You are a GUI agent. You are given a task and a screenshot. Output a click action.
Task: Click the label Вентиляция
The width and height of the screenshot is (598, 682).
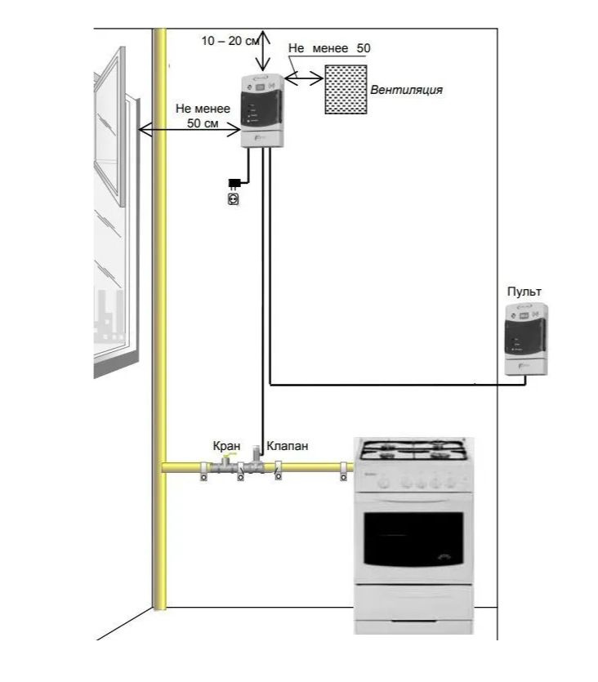406,90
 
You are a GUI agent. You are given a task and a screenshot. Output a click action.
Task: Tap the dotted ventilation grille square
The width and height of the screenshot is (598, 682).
346,90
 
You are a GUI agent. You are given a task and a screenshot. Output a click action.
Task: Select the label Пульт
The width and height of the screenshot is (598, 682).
524,292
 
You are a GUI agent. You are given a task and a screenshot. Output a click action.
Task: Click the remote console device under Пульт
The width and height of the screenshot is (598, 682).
526,339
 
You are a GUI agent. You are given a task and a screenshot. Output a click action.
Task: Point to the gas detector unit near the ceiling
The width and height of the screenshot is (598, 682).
263,111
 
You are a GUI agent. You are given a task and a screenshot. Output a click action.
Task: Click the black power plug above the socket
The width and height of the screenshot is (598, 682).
234,184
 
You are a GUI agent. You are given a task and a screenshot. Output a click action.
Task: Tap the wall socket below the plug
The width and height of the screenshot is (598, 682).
234,199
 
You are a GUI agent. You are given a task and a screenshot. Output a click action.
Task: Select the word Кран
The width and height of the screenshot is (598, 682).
226,446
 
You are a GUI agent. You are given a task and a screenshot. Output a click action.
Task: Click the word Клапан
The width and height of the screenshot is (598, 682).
287,446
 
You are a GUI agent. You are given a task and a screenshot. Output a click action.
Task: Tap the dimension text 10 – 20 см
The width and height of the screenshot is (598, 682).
230,41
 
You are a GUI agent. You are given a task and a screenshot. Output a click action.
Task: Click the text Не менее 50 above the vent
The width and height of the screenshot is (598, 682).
329,48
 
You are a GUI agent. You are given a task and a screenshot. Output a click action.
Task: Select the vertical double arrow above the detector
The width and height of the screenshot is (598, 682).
263,51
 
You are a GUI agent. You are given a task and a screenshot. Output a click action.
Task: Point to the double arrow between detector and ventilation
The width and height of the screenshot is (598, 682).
304,78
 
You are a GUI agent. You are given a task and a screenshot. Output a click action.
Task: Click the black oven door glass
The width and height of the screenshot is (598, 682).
413,539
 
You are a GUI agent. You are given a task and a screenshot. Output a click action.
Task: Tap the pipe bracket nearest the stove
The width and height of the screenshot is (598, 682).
343,471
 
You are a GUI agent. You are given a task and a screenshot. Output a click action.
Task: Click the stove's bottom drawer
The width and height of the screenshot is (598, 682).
413,603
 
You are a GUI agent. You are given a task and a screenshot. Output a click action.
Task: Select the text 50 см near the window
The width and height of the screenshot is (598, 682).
203,123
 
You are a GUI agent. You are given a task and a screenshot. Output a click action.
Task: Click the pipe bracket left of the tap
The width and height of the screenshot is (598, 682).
203,471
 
